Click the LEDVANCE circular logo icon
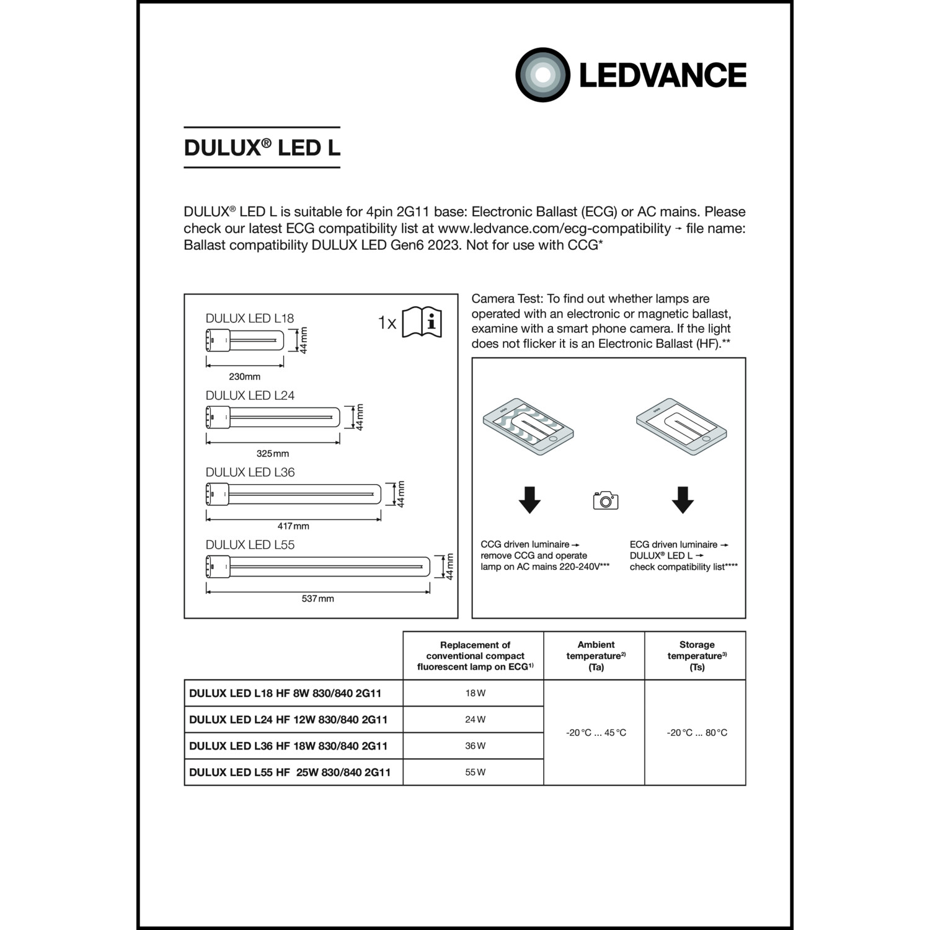[x=542, y=75]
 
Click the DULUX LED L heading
[x=262, y=148]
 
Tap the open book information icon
[x=422, y=322]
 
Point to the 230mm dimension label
[x=244, y=376]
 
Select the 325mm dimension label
[x=273, y=453]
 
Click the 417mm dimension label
[x=293, y=526]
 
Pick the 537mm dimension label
[x=317, y=598]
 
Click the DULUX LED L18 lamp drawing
[x=244, y=340]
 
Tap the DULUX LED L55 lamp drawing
[x=317, y=567]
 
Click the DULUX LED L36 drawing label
[x=250, y=472]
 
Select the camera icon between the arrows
[x=606, y=500]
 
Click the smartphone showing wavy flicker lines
[x=528, y=428]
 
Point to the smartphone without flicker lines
[x=681, y=428]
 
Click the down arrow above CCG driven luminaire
[x=529, y=500]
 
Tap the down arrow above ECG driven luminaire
[x=683, y=500]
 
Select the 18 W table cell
[x=475, y=693]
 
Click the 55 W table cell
[x=475, y=772]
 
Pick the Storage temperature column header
[x=696, y=655]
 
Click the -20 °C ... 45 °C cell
[x=596, y=733]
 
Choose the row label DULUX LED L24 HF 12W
[x=288, y=720]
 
